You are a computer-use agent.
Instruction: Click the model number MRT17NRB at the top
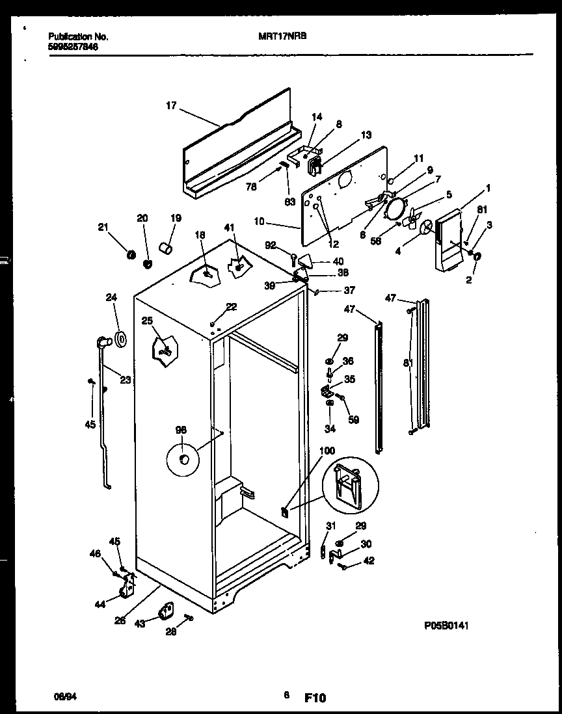(278, 37)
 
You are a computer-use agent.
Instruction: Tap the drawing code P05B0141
(447, 626)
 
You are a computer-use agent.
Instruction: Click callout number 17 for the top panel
(171, 105)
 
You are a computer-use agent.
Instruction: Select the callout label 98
(181, 429)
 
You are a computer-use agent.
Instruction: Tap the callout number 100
(327, 450)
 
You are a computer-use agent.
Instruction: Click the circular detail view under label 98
(184, 459)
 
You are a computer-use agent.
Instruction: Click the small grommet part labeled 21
(130, 254)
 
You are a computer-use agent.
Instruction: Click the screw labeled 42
(342, 567)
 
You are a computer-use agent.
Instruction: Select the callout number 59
(353, 420)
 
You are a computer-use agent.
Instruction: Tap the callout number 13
(366, 135)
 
